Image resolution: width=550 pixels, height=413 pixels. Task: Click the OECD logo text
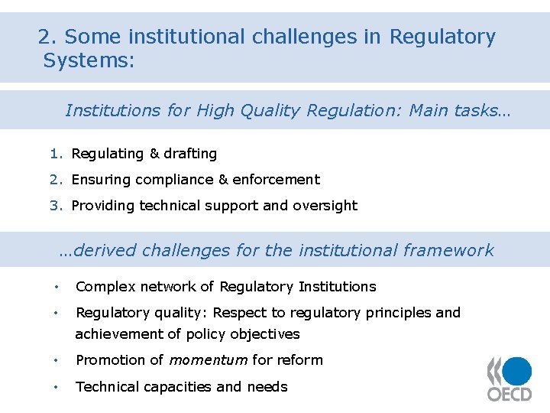(x=510, y=392)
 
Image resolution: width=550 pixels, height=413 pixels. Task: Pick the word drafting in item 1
(x=190, y=154)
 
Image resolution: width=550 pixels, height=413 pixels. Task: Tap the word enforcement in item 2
(x=277, y=180)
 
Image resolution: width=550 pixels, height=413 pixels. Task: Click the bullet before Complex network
(x=57, y=288)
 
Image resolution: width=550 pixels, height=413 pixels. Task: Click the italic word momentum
(x=208, y=360)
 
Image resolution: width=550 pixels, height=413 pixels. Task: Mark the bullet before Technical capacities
(x=57, y=387)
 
